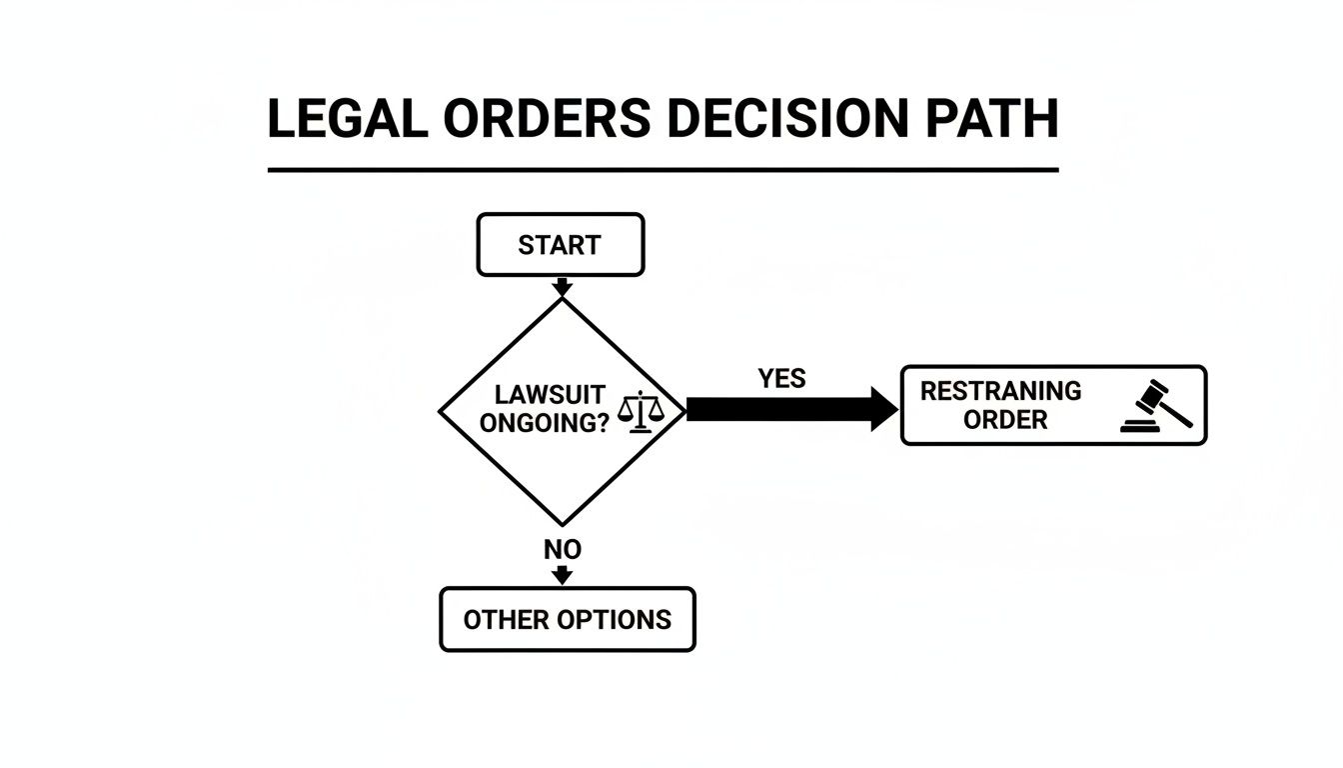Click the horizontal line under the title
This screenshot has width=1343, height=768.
click(x=663, y=170)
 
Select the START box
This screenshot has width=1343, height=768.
click(x=561, y=245)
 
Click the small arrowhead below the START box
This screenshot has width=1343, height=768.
click(x=562, y=288)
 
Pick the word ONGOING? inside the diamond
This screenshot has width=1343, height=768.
click(x=545, y=424)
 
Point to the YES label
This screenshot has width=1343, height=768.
click(x=781, y=379)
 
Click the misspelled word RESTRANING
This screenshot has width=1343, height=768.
click(x=1000, y=391)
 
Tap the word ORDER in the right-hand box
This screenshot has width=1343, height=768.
click(x=1005, y=420)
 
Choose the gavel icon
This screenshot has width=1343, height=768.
click(x=1157, y=405)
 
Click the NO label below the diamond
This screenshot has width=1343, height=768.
click(x=563, y=550)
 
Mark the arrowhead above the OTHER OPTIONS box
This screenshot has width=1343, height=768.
click(x=563, y=576)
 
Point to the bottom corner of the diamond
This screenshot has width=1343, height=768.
click(x=563, y=524)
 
